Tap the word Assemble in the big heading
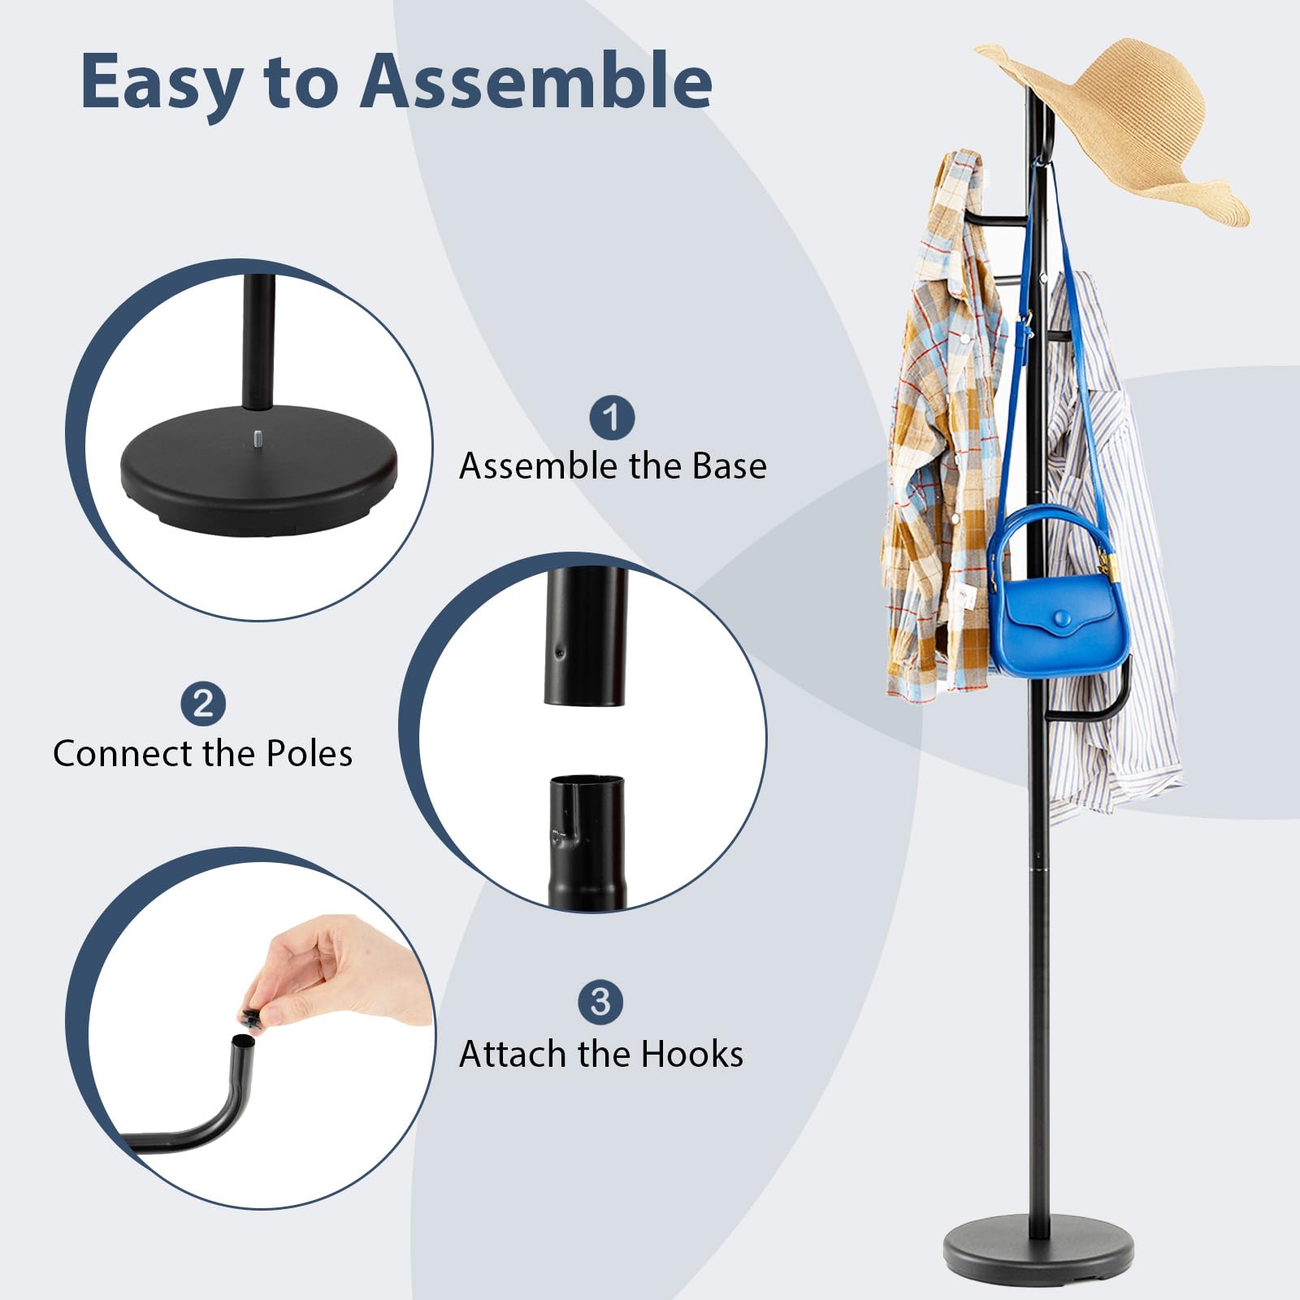536,81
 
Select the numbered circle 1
612,418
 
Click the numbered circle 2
203,704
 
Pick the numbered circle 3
600,1002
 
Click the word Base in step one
729,466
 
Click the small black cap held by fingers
250,1019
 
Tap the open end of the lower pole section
587,782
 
